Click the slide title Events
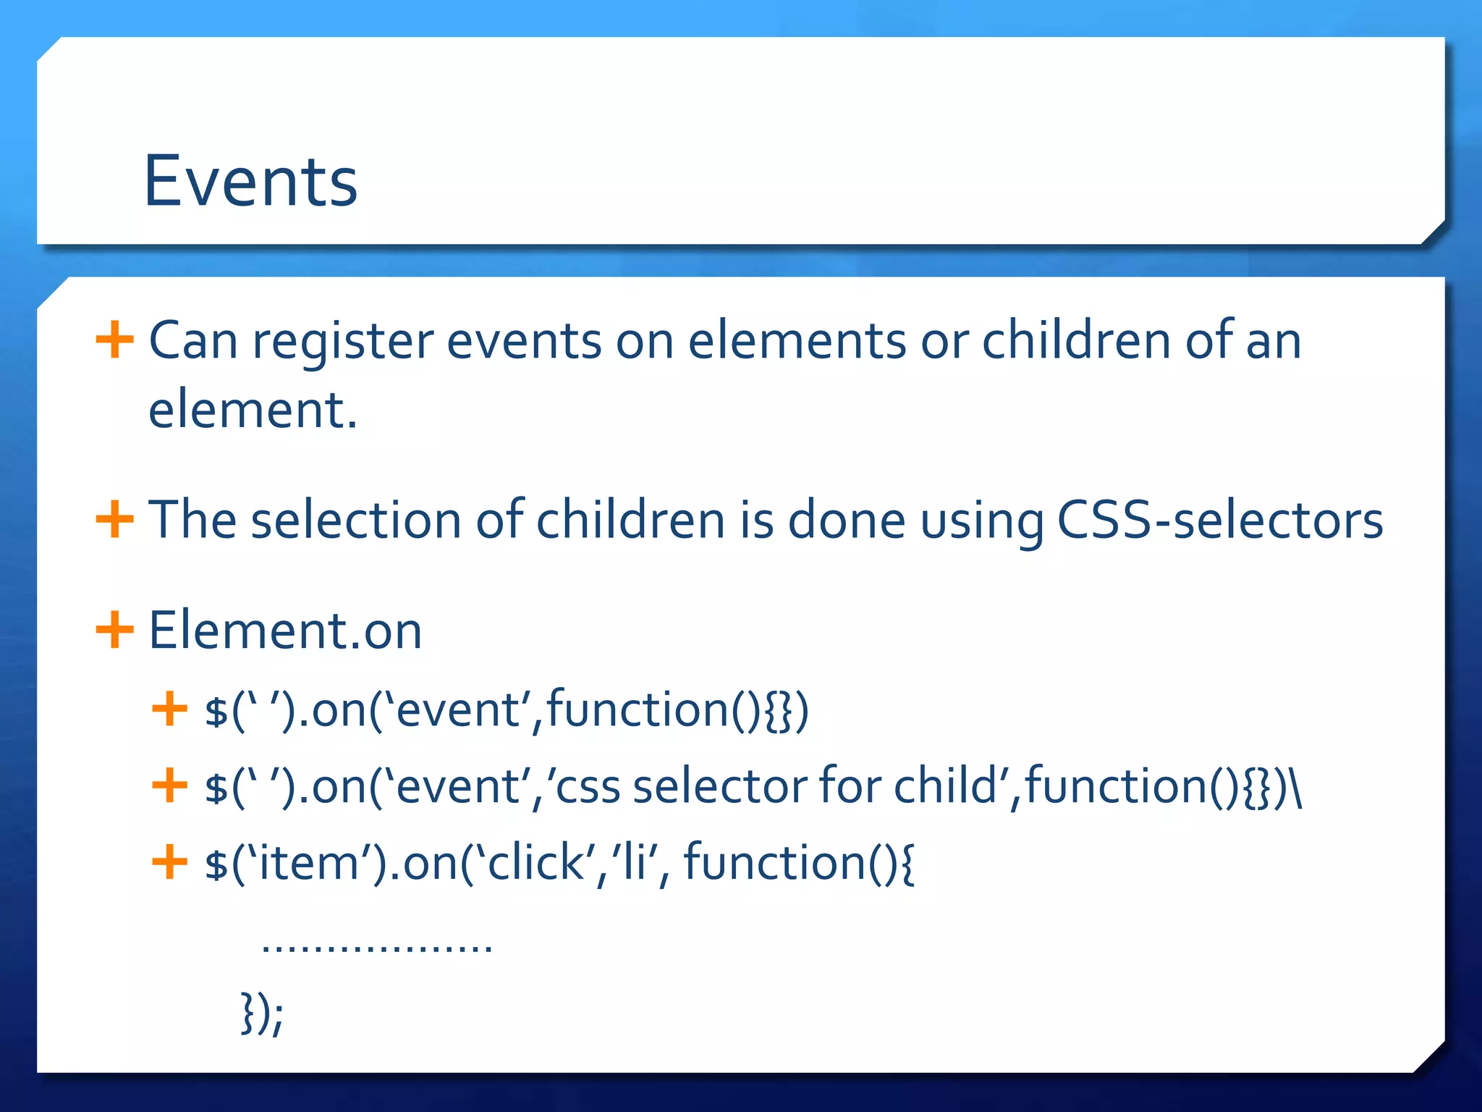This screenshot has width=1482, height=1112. pos(250,181)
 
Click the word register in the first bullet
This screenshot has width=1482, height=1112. pos(342,341)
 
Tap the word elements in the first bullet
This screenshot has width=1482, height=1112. pos(797,341)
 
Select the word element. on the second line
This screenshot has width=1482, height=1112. pos(253,410)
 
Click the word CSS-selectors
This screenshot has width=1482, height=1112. pos(1220,520)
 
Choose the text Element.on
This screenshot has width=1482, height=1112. pos(285,631)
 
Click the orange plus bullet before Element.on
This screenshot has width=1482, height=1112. pos(114,629)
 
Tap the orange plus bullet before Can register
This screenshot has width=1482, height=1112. pos(114,340)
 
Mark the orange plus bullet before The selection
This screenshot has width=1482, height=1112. pos(114,519)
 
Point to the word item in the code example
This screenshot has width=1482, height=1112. pos(309,863)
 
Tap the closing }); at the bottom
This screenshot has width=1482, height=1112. pos(262,1014)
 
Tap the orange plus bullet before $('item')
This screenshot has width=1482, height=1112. pos(170,862)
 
